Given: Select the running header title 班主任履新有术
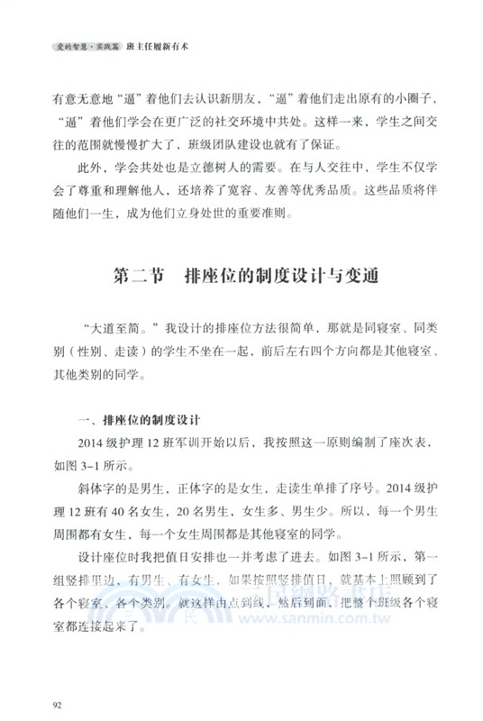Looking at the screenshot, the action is [159, 43].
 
